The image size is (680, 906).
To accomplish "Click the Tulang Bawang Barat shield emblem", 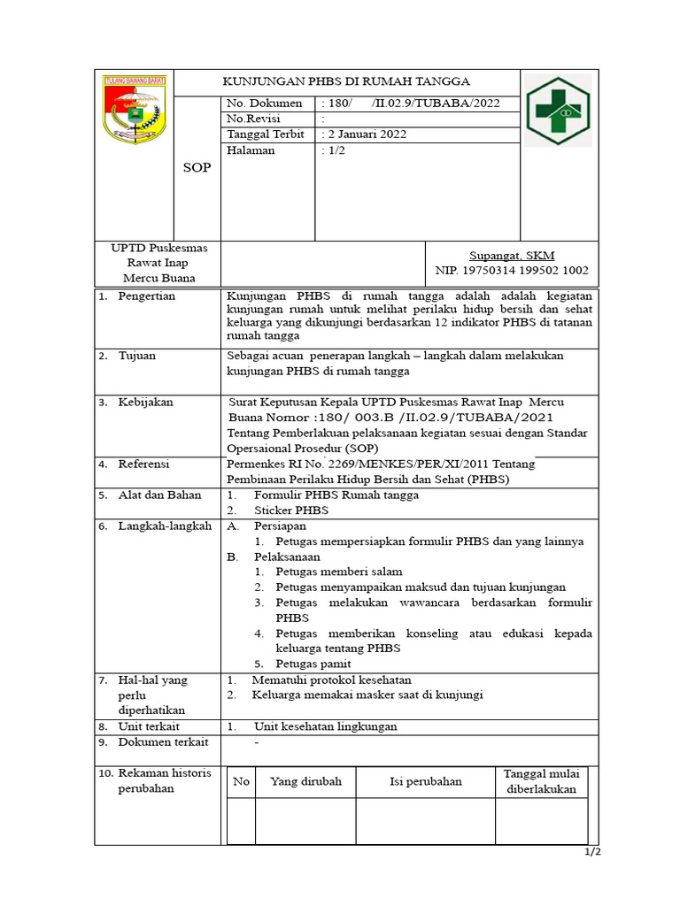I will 134,110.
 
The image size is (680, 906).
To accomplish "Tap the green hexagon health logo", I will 557,112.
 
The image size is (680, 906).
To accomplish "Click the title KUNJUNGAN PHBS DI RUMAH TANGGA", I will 344,81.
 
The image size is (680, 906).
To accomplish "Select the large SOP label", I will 197,167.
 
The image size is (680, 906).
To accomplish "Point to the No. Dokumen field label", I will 265,104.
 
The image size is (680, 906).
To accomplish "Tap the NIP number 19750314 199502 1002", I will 512,271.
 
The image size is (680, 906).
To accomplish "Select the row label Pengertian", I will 147,296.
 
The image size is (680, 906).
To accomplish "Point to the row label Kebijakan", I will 145,403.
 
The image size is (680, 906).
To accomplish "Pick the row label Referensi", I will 143,464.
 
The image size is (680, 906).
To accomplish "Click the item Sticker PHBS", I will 290,511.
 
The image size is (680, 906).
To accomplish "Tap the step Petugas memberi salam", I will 338,572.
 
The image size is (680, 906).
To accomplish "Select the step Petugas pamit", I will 313,664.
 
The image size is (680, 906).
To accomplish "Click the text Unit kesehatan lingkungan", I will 325,726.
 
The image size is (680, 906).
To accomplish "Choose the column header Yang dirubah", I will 305,781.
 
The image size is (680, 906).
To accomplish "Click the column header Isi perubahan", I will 425,781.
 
